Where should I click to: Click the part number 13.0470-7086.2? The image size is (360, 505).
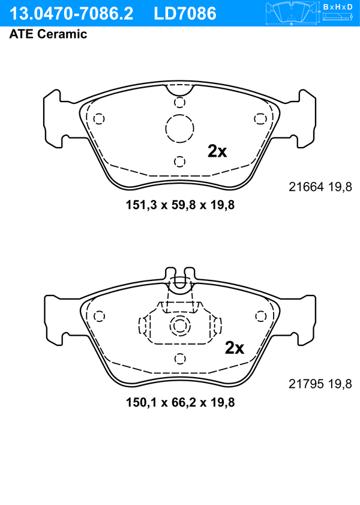(x=71, y=14)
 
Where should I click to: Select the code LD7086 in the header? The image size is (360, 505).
(x=185, y=14)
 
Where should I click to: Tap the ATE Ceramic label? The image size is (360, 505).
(x=48, y=34)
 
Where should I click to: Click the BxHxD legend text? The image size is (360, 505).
(x=338, y=7)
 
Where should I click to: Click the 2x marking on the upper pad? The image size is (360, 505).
(x=217, y=151)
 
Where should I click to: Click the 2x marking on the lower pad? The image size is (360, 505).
(x=234, y=348)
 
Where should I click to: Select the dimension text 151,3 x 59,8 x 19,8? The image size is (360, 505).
(x=180, y=205)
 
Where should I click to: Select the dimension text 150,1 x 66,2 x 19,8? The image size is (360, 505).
(x=180, y=402)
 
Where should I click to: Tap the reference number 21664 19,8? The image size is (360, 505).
(x=320, y=187)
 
